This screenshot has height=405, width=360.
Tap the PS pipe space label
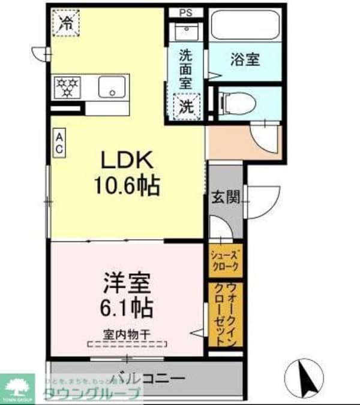coord(185,12)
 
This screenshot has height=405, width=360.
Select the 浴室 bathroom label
coord(245,59)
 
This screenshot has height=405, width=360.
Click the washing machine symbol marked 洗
coord(187,107)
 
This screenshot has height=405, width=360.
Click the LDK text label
coord(127,160)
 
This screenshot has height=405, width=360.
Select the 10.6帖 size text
coord(126,186)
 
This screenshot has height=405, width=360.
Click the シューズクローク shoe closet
coord(226,260)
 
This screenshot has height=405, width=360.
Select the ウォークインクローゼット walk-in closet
coord(226,314)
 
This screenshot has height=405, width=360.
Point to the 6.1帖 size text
coord(126,308)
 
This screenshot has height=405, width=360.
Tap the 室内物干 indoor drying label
coord(127,333)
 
